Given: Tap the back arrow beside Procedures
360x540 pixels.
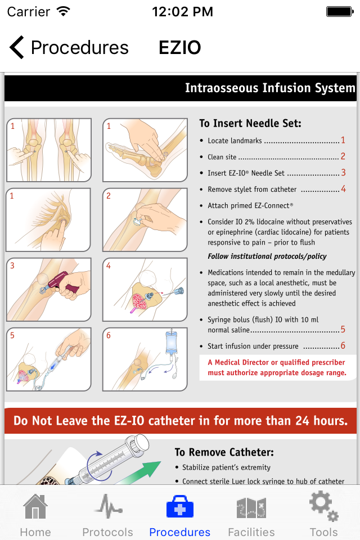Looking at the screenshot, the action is point(16,47).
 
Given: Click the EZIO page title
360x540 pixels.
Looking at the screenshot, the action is point(179,47).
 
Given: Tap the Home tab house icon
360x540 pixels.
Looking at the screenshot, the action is point(35,506).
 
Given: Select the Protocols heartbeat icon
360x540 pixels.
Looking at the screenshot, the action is point(108,506).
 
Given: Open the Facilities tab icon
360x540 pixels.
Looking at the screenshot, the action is point(251,507).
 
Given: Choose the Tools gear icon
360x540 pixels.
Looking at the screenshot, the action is point(323,506).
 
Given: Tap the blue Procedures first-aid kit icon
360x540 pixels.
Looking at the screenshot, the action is point(180,507).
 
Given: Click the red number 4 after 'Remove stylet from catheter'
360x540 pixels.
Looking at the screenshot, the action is point(343,189).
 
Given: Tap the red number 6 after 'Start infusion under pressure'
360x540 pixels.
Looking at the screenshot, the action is point(343,345).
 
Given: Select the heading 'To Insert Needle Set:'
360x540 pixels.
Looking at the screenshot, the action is point(250,123).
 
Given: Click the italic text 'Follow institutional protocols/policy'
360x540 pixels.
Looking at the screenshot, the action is point(267,256).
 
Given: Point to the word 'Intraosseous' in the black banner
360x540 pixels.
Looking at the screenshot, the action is point(222,88).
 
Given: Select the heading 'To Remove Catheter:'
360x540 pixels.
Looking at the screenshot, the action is point(224,452).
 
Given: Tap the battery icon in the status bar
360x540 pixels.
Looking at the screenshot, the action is point(340,12).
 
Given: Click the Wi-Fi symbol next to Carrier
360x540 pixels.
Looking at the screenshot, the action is point(64,11).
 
